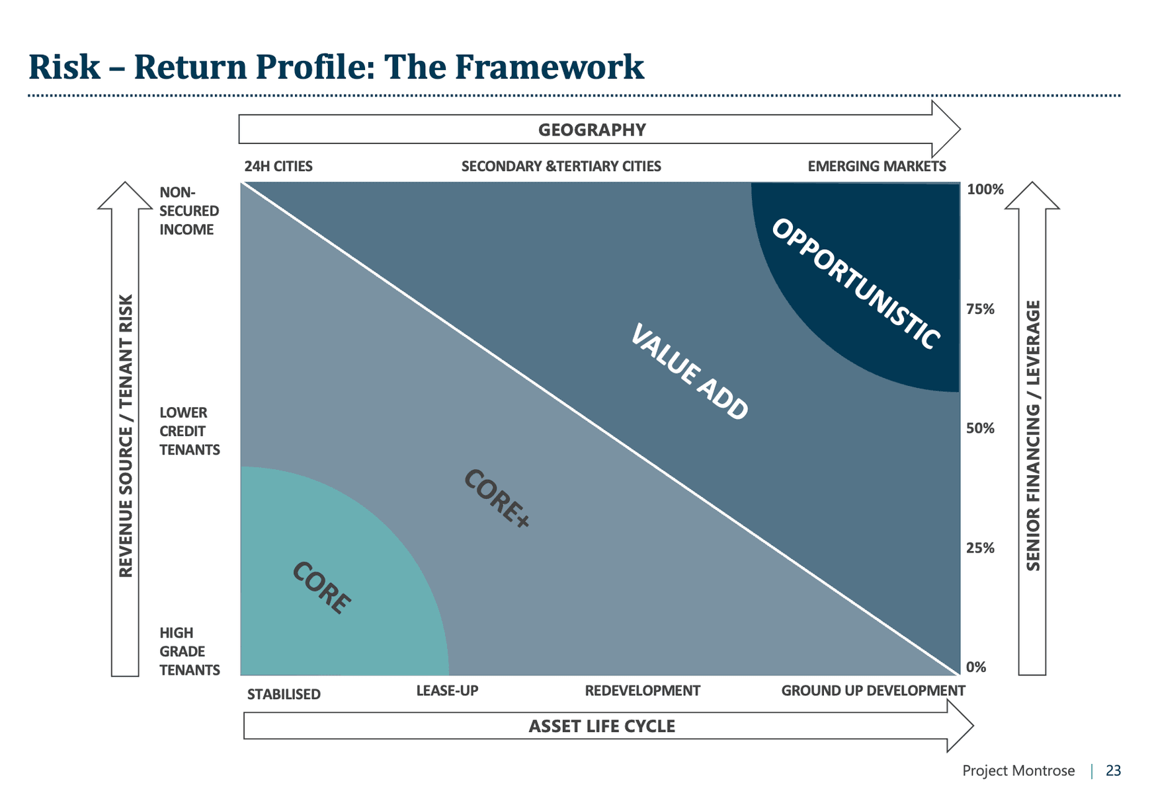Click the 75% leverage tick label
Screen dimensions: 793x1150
coord(980,309)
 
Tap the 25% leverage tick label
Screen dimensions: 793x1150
coord(980,548)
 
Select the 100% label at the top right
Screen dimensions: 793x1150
coord(985,190)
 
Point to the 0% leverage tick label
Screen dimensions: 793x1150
coord(975,667)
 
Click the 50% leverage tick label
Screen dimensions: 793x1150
coord(980,428)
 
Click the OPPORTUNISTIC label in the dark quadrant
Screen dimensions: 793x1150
coord(856,283)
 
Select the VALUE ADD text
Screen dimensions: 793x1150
coord(689,371)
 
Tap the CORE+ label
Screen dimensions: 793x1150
coord(497,498)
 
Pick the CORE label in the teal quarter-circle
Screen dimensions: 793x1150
coord(321,587)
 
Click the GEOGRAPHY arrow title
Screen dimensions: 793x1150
coord(592,130)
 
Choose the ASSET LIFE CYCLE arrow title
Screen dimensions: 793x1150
coord(602,726)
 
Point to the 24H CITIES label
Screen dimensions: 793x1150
coord(278,167)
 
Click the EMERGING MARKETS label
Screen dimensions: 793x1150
coord(876,167)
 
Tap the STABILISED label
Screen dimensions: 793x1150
coord(284,695)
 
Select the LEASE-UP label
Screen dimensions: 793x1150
coord(447,691)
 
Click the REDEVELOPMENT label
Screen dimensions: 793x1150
coord(642,691)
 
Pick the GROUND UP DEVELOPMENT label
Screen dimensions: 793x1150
coord(873,691)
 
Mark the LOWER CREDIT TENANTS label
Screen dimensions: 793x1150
coord(189,431)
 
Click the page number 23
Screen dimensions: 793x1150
coord(1113,771)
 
